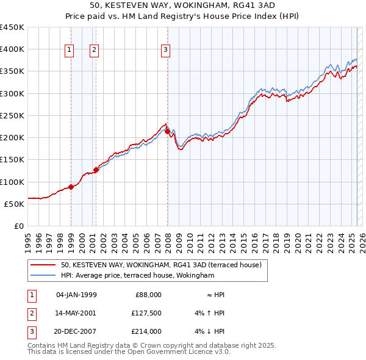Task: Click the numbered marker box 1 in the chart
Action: (x=70, y=51)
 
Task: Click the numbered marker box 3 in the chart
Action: (x=166, y=51)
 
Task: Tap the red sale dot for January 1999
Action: (x=71, y=187)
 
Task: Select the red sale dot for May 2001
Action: (x=96, y=170)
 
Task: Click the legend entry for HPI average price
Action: (x=137, y=276)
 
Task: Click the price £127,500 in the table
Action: (x=146, y=312)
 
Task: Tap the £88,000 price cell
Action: (x=148, y=294)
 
